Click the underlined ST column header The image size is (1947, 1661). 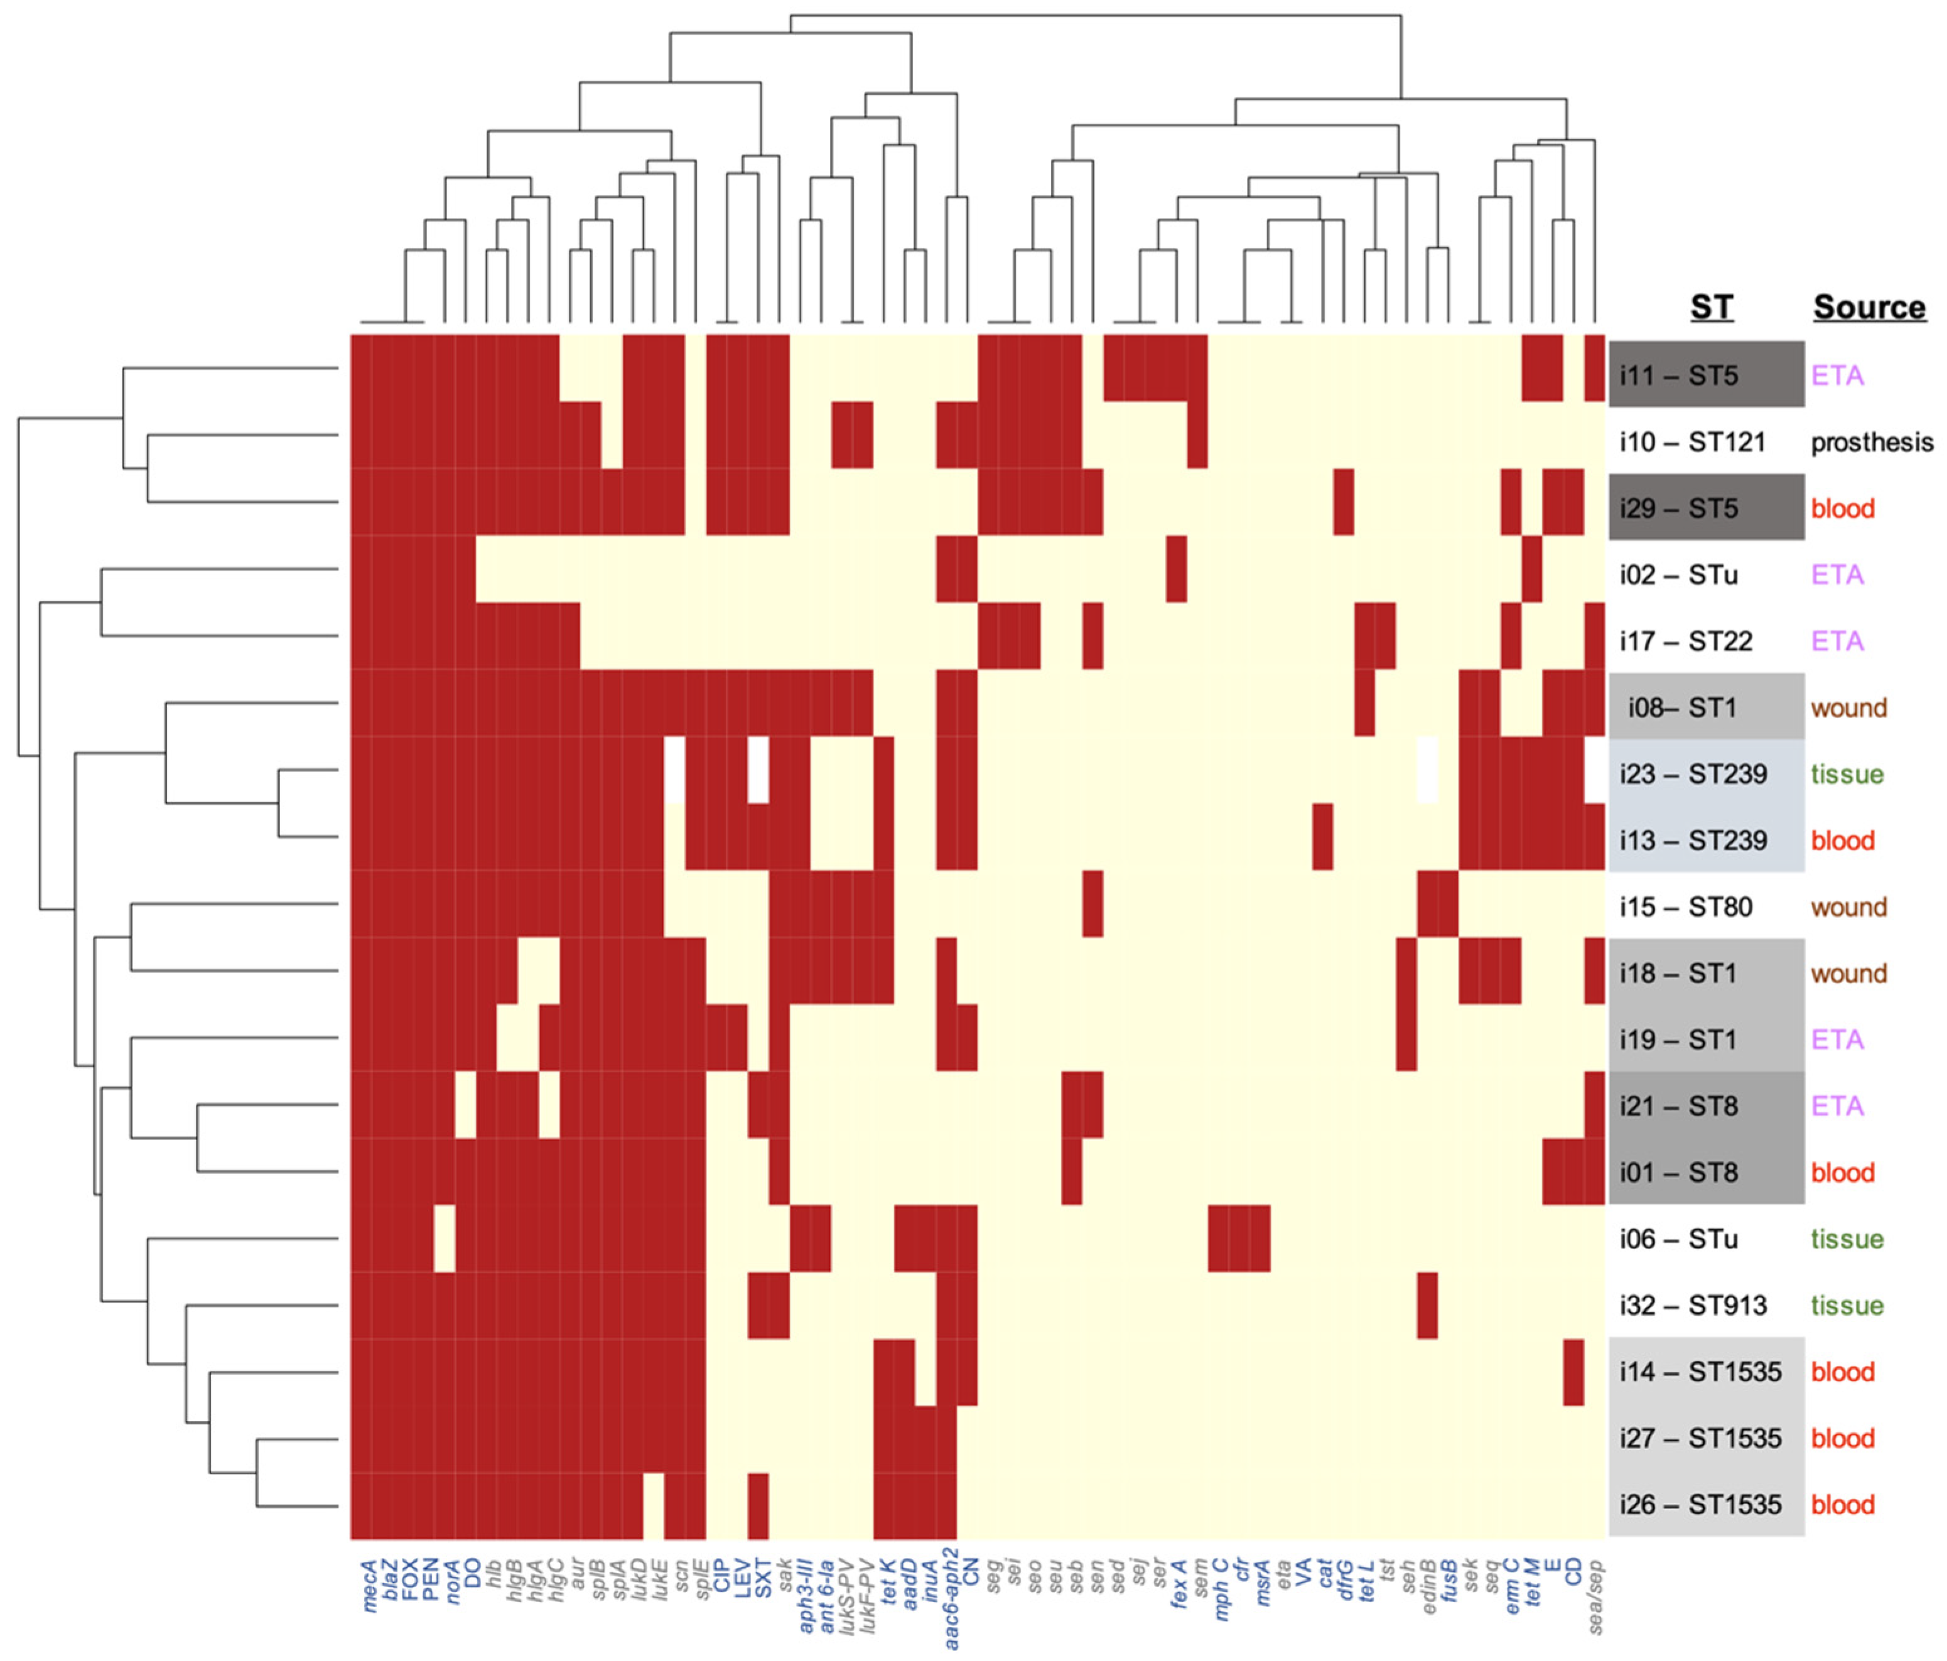1711,307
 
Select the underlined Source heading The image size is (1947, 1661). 1868,307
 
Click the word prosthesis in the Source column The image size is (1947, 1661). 1872,443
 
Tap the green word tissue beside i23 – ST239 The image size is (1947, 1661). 1847,774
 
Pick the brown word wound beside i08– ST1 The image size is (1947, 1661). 1848,707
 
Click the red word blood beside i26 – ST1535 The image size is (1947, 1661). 1843,1504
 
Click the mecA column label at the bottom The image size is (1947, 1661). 369,1586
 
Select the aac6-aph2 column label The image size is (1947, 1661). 951,1597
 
